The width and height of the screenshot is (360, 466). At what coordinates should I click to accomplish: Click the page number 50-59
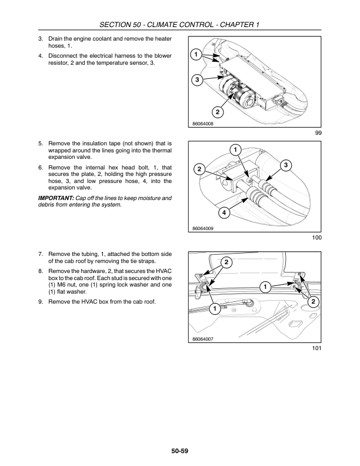[x=180, y=451]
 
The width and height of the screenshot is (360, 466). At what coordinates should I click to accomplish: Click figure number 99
[x=318, y=134]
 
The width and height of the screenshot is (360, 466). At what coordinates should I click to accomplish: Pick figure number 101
[x=316, y=349]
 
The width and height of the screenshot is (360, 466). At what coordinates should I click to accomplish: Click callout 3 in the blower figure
[x=197, y=79]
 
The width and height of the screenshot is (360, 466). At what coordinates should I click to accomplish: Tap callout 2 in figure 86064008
[x=217, y=112]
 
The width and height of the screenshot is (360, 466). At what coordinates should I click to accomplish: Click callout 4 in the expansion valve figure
[x=224, y=212]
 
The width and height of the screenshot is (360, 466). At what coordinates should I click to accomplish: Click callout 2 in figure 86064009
[x=200, y=169]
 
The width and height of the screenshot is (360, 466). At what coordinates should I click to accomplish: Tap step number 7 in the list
[x=41, y=254]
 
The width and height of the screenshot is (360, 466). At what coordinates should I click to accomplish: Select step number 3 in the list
[x=41, y=38]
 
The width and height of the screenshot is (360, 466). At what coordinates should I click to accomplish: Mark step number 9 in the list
[x=41, y=302]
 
